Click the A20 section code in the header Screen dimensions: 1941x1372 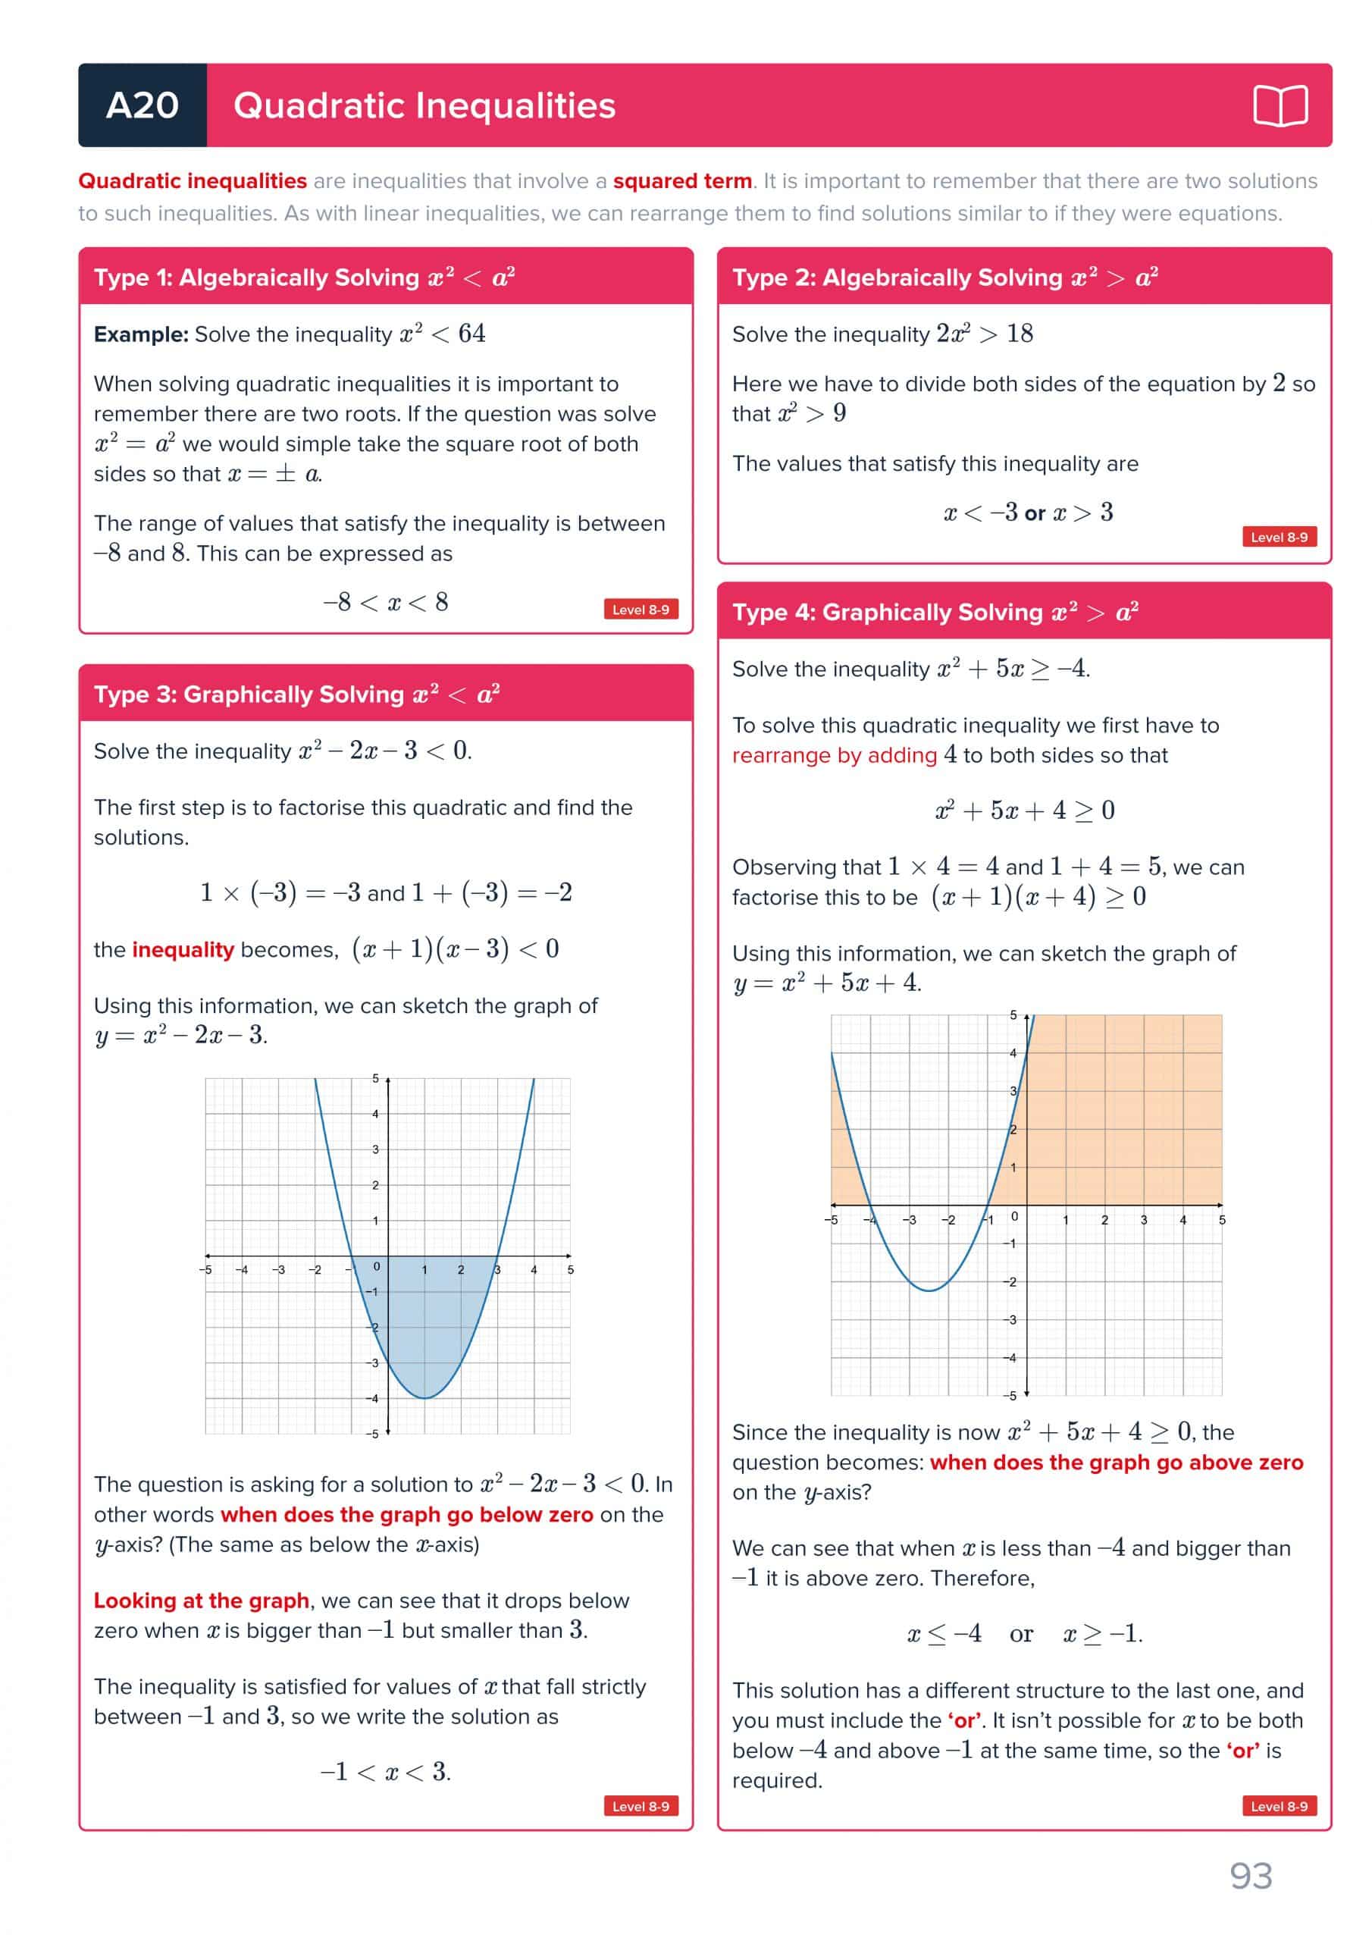point(142,105)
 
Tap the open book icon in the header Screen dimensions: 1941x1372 point(1280,105)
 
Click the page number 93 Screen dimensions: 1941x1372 point(1250,1876)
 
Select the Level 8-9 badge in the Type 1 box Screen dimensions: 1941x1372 point(640,610)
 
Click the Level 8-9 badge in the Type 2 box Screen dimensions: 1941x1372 point(1278,537)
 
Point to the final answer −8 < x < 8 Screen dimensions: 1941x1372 point(386,603)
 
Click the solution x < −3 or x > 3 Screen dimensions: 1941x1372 point(1028,513)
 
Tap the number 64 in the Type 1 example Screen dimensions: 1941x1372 point(471,334)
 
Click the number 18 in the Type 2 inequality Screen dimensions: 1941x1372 point(1020,334)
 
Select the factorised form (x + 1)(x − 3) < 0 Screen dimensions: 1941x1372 point(455,949)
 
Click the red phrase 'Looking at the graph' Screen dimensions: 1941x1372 point(201,1601)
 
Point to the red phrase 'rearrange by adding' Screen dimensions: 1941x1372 point(835,755)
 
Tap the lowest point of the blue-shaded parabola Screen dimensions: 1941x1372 point(424,1398)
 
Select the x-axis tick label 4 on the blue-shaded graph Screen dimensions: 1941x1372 point(534,1270)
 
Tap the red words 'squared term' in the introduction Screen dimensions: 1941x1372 point(682,181)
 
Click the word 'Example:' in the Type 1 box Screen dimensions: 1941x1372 point(141,335)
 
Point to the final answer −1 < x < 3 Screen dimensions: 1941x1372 point(386,1772)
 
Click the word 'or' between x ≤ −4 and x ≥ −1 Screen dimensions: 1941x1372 point(1021,1634)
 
